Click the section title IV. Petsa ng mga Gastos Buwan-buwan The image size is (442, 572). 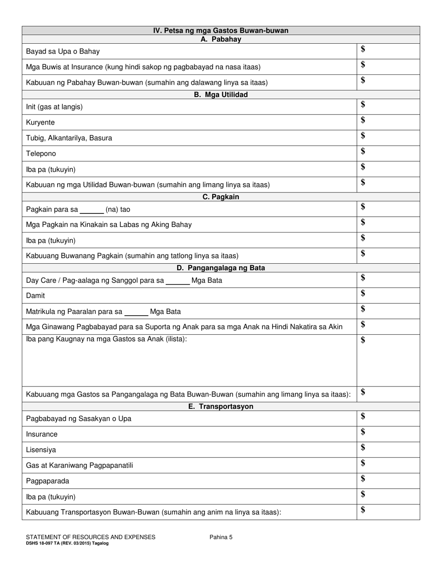pos(221,31)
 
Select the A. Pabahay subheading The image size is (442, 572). pos(221,40)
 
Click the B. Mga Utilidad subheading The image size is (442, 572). pos(221,95)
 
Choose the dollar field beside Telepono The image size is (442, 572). pos(388,153)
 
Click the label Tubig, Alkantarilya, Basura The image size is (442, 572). pos(69,138)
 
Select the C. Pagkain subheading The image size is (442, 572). pos(221,197)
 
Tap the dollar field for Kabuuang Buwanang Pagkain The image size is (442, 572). pos(388,255)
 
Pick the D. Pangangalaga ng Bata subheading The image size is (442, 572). pos(221,268)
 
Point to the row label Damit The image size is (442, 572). pos(35,295)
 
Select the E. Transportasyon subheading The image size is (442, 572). pos(221,406)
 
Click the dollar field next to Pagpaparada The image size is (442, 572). pos(388,480)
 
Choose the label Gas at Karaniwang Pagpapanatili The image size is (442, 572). pos(80,466)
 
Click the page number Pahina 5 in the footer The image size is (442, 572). pos(221,537)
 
